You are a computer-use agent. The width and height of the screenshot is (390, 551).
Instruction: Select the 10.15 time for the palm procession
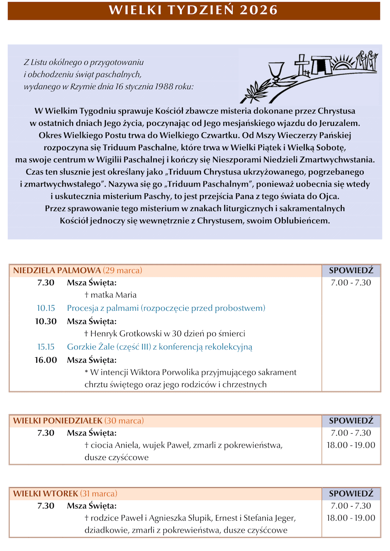tap(46, 308)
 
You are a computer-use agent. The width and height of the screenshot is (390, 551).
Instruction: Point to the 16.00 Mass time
tap(46, 360)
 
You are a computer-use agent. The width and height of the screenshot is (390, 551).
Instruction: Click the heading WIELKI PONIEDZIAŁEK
tap(58, 420)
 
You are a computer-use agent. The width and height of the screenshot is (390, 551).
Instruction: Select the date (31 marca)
tap(99, 494)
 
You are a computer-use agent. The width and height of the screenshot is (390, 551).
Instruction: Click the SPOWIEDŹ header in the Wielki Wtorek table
tap(351, 494)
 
